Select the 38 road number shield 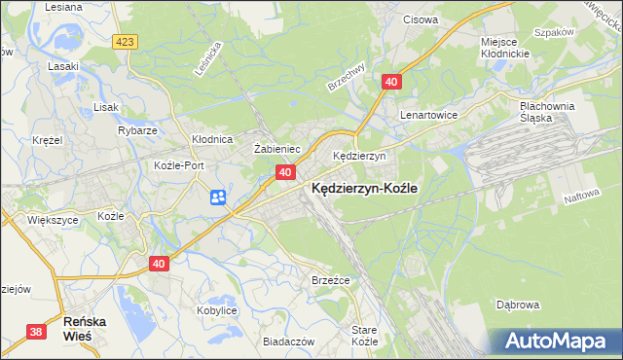coord(36,332)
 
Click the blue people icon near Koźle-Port coord(218,198)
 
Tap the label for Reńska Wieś coord(84,327)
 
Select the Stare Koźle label coord(364,337)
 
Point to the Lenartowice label coord(429,114)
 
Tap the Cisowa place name coord(421,18)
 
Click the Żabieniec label coord(275,149)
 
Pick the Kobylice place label coord(216,310)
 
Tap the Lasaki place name coord(62,67)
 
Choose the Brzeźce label coord(330,279)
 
